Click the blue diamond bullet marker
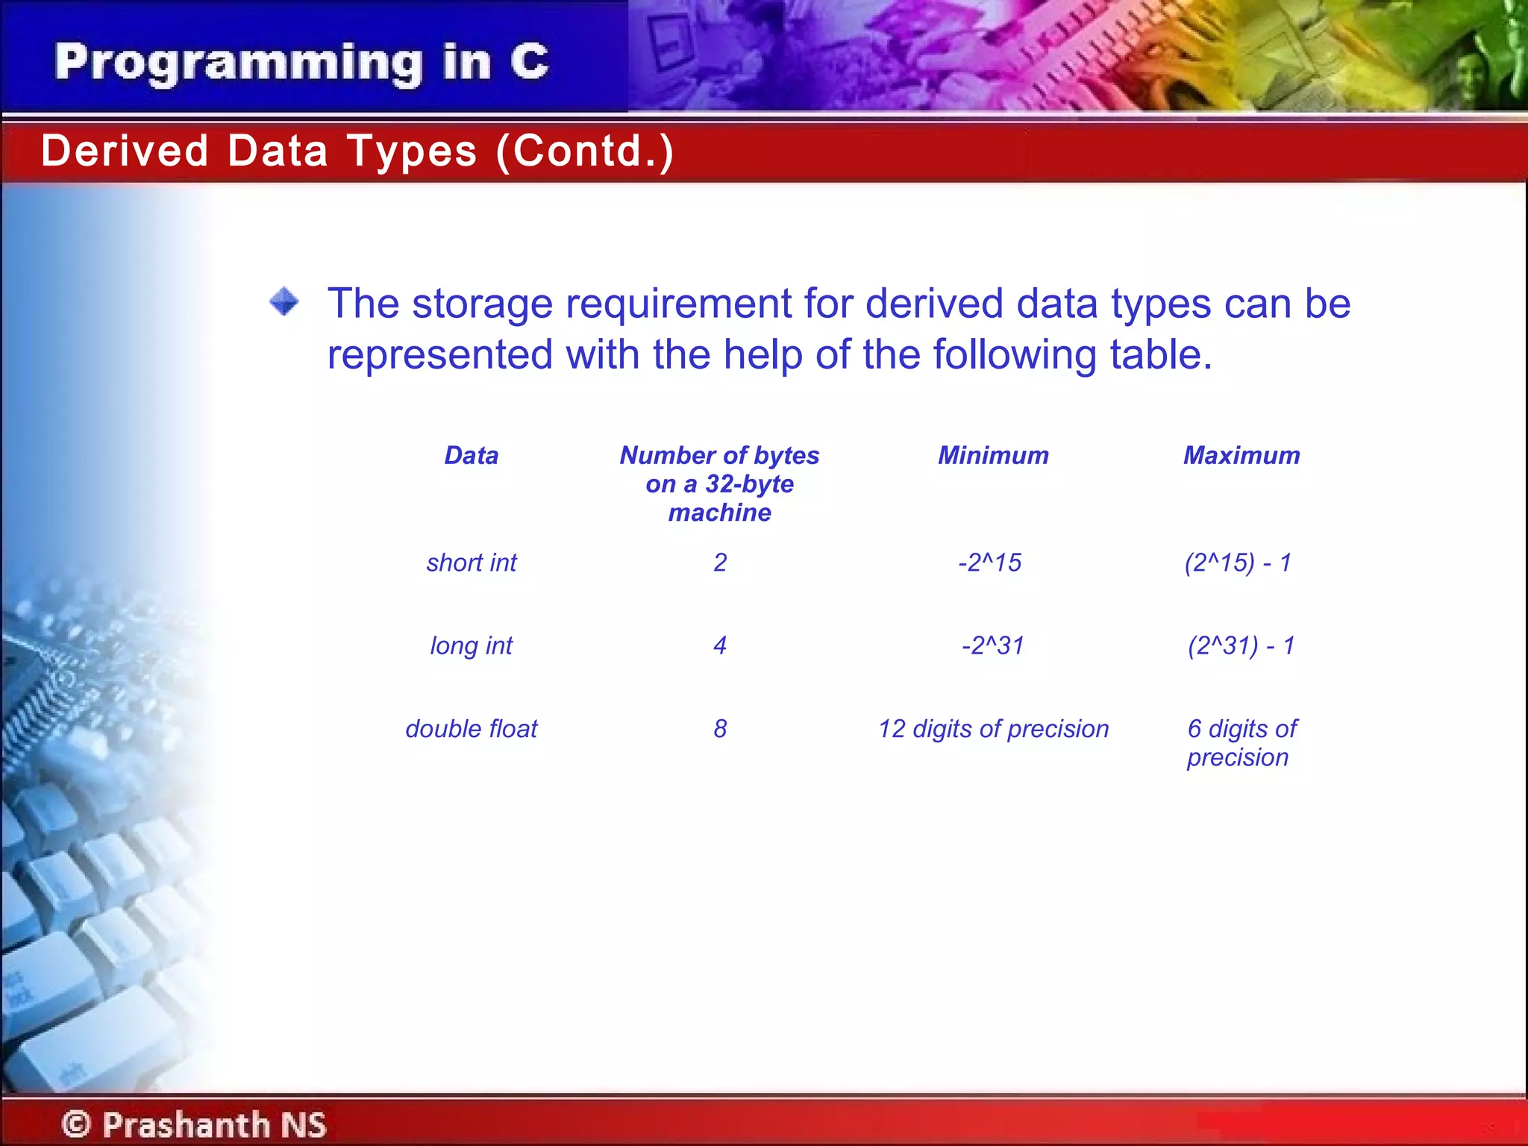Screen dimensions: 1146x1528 point(284,302)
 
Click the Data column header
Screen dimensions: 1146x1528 point(471,455)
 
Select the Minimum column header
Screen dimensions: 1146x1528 point(993,455)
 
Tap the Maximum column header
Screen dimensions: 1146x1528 point(1241,455)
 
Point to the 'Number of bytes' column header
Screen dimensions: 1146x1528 point(719,483)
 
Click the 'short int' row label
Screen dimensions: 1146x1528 point(471,563)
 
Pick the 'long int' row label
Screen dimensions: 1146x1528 point(471,645)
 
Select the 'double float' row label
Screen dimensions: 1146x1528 point(471,729)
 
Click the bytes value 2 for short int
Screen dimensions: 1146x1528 point(719,563)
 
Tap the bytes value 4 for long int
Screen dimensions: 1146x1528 point(719,645)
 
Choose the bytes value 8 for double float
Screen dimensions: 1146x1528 point(719,729)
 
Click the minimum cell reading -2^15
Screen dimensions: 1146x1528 point(990,563)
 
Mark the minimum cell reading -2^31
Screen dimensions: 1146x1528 point(993,645)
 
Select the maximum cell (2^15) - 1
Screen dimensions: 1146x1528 point(1239,563)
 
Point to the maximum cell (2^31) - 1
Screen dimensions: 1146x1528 point(1241,645)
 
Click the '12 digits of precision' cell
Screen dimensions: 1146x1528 point(993,729)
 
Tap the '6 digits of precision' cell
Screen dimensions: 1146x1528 point(1241,742)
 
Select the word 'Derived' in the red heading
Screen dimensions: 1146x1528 point(124,151)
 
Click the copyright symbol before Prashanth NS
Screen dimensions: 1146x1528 point(75,1124)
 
